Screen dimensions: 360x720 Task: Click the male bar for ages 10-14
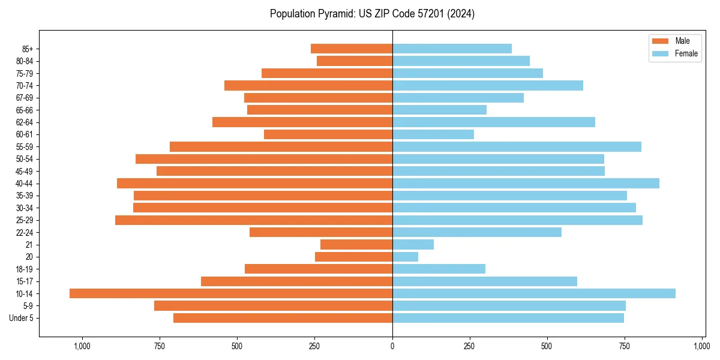pyautogui.click(x=231, y=293)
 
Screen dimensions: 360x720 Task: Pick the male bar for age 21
pyautogui.click(x=356, y=244)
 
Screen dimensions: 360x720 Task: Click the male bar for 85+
pyautogui.click(x=352, y=49)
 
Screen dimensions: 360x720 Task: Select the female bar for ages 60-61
pyautogui.click(x=433, y=134)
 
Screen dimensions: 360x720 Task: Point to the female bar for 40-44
pyautogui.click(x=526, y=183)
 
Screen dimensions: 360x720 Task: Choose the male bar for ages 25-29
pyautogui.click(x=254, y=220)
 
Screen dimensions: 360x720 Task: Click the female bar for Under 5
pyautogui.click(x=508, y=318)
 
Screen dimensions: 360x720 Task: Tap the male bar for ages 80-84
pyautogui.click(x=355, y=61)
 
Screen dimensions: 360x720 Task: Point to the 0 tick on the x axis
pyautogui.click(x=392, y=346)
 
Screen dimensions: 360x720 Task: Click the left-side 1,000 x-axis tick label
pyautogui.click(x=82, y=346)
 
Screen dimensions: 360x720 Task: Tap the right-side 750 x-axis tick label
pyautogui.click(x=625, y=346)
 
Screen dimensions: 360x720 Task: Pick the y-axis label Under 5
pyautogui.click(x=22, y=318)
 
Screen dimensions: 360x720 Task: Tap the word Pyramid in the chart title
pyautogui.click(x=331, y=14)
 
